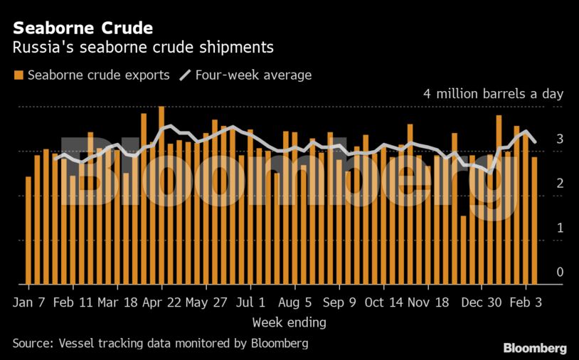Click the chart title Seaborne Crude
tap(82, 28)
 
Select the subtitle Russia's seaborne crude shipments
tap(143, 48)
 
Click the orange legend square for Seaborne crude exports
tap(18, 75)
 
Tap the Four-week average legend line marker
tap(186, 75)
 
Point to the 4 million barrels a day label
tap(493, 94)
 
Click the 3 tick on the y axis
tap(560, 139)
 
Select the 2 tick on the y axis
tap(560, 184)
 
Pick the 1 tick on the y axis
tap(560, 228)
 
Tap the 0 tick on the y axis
tap(560, 272)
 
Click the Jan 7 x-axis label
tap(29, 302)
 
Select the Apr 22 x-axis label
tap(162, 302)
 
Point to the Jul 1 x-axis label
tap(250, 302)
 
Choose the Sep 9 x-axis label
tap(339, 302)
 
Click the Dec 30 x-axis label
tap(482, 302)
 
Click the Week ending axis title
tap(289, 322)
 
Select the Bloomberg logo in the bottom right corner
tap(535, 348)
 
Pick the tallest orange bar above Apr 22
tap(161, 196)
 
